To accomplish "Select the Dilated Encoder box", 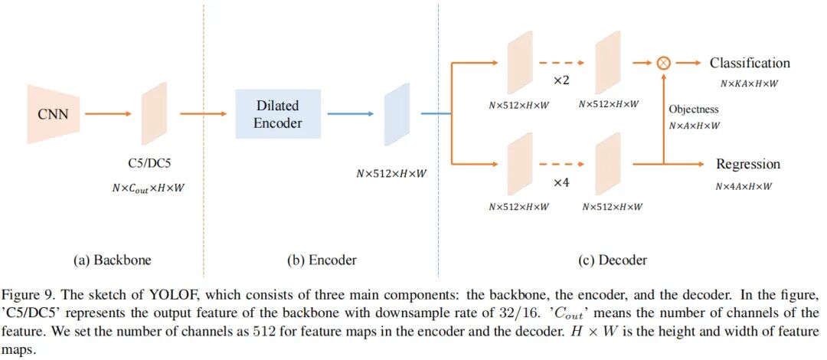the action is tap(278, 114).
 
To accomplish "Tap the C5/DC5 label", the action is tap(150, 163).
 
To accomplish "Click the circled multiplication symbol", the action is tap(663, 64).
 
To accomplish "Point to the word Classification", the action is tap(750, 64).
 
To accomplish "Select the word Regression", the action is tap(748, 164).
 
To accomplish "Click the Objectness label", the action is tap(694, 110).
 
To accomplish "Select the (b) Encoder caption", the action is tap(322, 260).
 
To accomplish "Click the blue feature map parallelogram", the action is tap(397, 114).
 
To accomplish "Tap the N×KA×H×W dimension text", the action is tap(749, 83).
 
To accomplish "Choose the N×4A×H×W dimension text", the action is tap(744, 186).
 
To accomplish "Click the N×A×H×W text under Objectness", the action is tap(694, 126).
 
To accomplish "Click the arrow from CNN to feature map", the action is tap(108, 113).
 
